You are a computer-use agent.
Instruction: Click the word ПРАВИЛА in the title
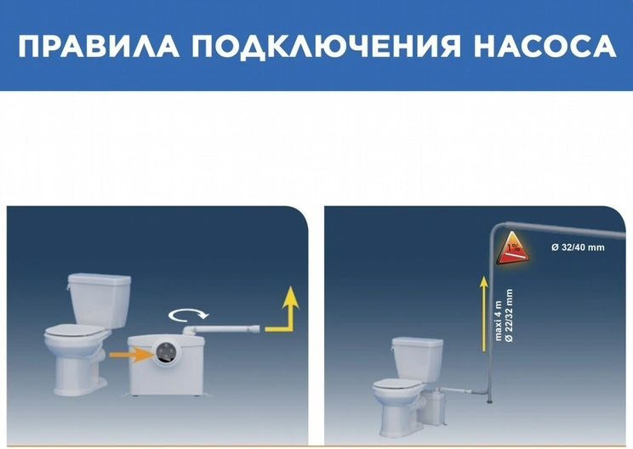click(x=99, y=47)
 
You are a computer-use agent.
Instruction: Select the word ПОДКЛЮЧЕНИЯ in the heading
click(x=326, y=47)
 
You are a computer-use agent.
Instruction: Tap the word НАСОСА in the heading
click(x=545, y=47)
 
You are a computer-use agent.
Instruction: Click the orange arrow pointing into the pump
click(x=130, y=355)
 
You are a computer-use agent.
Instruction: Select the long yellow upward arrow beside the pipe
click(x=483, y=314)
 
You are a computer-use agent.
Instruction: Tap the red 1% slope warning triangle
click(x=513, y=250)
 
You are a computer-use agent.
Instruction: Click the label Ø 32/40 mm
click(x=578, y=247)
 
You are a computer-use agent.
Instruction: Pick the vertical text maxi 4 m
click(x=498, y=321)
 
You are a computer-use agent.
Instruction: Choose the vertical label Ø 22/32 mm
click(x=509, y=315)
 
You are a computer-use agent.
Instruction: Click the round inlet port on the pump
click(x=165, y=353)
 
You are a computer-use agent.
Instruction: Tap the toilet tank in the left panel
click(x=100, y=299)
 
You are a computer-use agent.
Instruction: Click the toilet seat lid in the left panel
click(x=75, y=331)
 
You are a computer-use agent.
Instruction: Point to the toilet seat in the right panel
click(x=395, y=384)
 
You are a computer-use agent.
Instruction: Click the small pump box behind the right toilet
click(x=436, y=406)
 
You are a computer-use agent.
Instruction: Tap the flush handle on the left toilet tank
click(x=69, y=287)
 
